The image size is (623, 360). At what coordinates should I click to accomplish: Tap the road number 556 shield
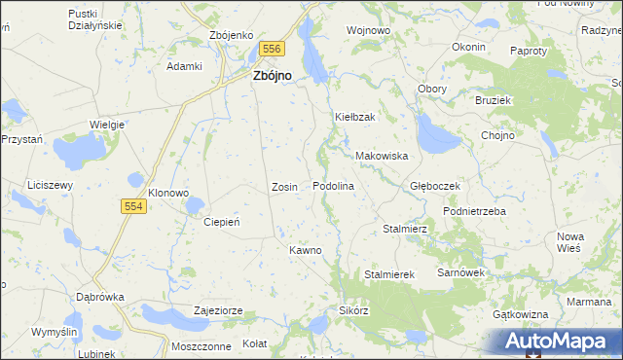(x=273, y=49)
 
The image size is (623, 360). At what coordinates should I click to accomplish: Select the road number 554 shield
(x=135, y=206)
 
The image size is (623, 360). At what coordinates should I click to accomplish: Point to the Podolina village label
(x=332, y=186)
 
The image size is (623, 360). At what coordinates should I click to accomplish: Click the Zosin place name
(x=284, y=186)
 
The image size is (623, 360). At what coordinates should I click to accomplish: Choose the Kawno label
(x=305, y=250)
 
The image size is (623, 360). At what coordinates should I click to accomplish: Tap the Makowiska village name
(x=381, y=156)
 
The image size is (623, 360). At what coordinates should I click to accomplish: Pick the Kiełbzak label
(x=355, y=117)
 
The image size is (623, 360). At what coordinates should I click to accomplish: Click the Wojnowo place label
(x=369, y=31)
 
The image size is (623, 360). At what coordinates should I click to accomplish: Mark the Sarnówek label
(x=460, y=273)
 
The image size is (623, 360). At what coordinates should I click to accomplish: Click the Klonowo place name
(x=167, y=193)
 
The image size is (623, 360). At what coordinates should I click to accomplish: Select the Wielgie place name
(x=106, y=125)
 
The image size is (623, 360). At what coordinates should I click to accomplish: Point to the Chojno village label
(x=497, y=135)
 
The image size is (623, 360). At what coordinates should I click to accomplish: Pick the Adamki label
(x=184, y=66)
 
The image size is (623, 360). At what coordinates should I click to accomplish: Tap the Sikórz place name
(x=353, y=311)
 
